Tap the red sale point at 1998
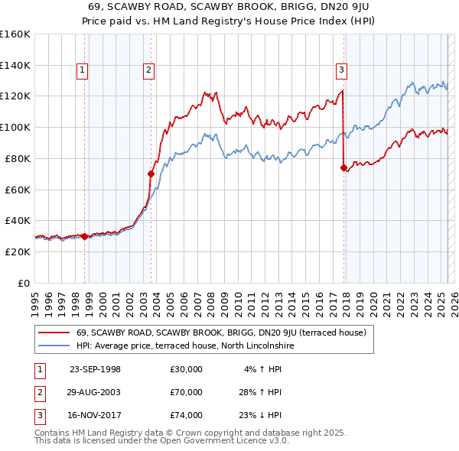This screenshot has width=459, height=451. click(84, 236)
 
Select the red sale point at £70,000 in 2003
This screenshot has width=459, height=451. click(151, 174)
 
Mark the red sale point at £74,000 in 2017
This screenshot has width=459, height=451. click(343, 167)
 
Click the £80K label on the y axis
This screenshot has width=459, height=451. click(18, 158)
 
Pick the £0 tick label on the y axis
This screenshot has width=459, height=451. click(24, 283)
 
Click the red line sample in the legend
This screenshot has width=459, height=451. click(54, 333)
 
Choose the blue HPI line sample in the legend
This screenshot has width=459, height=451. click(54, 346)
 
